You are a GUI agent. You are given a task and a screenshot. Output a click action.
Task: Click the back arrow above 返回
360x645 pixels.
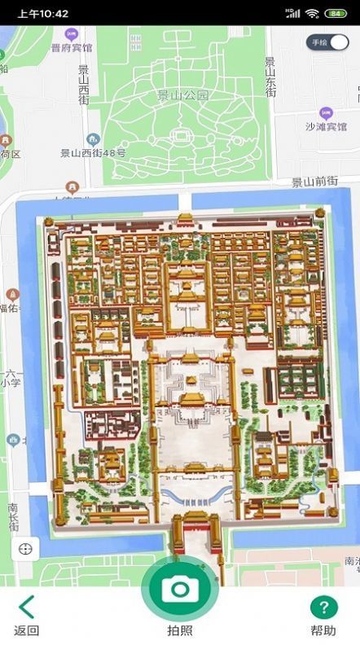[x=27, y=608]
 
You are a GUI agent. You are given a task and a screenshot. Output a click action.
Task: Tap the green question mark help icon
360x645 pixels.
[x=323, y=608]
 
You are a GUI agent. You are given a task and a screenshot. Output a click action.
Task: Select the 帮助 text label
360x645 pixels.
[x=323, y=630]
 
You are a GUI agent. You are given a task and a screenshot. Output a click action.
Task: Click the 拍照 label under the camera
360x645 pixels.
[x=180, y=630]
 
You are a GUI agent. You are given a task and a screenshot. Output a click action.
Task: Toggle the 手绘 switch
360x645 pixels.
[x=327, y=42]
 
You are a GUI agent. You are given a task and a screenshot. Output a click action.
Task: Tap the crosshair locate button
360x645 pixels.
[x=25, y=548]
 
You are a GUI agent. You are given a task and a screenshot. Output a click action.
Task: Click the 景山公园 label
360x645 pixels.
[x=184, y=95]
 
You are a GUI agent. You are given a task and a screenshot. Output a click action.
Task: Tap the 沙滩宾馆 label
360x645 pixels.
[x=326, y=126]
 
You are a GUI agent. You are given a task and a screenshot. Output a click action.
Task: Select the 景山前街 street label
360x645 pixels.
[x=314, y=182]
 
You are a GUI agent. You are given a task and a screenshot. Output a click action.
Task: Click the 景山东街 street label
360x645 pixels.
[x=270, y=77]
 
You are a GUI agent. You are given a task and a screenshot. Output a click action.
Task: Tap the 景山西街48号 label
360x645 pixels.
[x=93, y=152]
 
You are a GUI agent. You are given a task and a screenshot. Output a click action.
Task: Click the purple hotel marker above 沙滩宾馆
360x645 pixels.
[x=326, y=112]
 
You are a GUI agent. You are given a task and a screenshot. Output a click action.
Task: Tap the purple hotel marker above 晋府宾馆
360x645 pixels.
[x=72, y=34]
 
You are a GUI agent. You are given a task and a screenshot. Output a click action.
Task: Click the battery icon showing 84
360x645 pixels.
[x=335, y=14]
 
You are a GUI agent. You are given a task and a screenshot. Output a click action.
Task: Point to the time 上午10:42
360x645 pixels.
[x=42, y=14]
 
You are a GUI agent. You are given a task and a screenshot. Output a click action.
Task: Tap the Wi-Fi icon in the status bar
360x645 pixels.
[x=312, y=14]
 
